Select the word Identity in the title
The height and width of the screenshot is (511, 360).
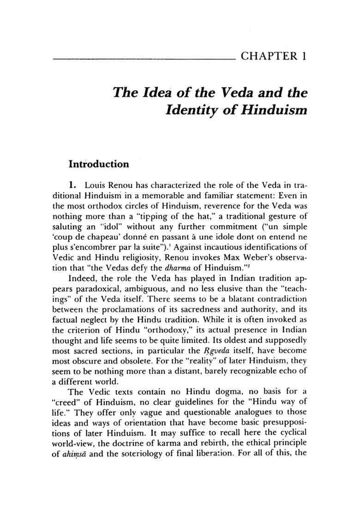tap(192, 111)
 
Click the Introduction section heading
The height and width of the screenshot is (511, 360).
tap(98, 164)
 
